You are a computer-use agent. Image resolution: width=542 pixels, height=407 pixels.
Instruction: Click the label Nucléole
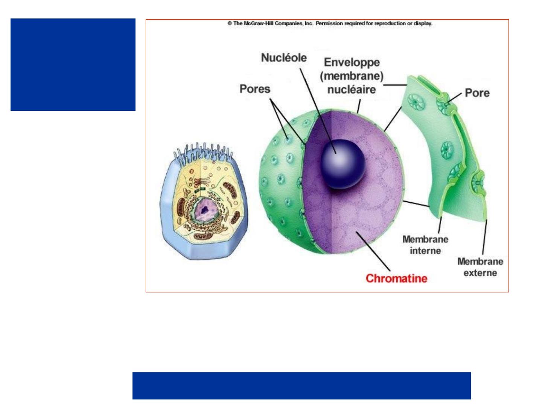(x=284, y=58)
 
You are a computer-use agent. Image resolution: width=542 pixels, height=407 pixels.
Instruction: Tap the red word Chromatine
(x=396, y=278)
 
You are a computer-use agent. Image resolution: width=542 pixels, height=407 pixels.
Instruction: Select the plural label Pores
(x=255, y=89)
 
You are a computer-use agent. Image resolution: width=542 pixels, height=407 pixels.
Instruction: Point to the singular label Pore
(x=477, y=93)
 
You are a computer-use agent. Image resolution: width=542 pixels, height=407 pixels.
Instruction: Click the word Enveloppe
(x=352, y=62)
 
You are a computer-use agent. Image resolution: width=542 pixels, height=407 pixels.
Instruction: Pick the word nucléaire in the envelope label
(x=352, y=90)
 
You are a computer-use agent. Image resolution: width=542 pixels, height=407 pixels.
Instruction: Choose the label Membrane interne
(x=425, y=245)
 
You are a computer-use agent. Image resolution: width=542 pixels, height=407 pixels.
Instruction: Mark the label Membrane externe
(x=480, y=267)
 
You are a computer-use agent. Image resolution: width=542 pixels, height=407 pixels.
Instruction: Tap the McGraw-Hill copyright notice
(x=330, y=23)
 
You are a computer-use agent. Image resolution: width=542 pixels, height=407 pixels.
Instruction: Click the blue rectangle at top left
(x=73, y=64)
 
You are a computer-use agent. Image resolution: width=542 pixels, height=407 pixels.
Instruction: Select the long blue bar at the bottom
(x=301, y=386)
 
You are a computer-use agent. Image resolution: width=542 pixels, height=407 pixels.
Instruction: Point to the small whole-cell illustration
(x=204, y=203)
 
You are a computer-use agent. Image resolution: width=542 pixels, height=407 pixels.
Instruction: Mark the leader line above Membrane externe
(x=484, y=237)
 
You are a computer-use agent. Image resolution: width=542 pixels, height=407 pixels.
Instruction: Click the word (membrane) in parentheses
(x=352, y=76)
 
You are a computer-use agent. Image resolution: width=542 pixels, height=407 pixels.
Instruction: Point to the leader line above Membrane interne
(x=440, y=225)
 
